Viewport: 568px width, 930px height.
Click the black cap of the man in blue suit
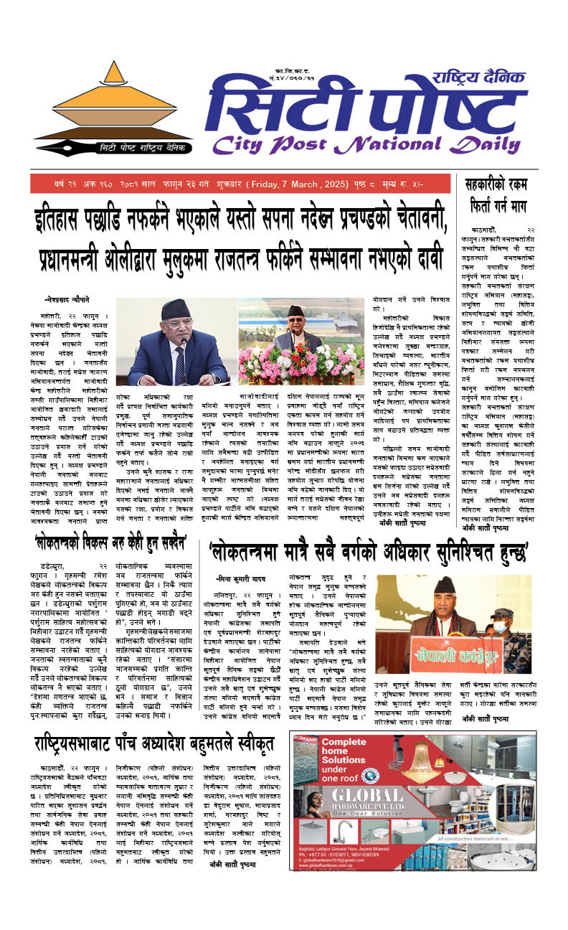[175, 309]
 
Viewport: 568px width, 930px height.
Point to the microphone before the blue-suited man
[184, 362]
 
